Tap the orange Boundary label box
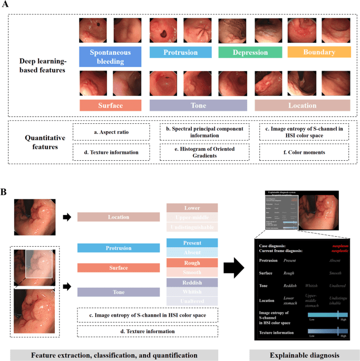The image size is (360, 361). tap(319, 52)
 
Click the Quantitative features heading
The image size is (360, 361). tap(41, 142)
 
